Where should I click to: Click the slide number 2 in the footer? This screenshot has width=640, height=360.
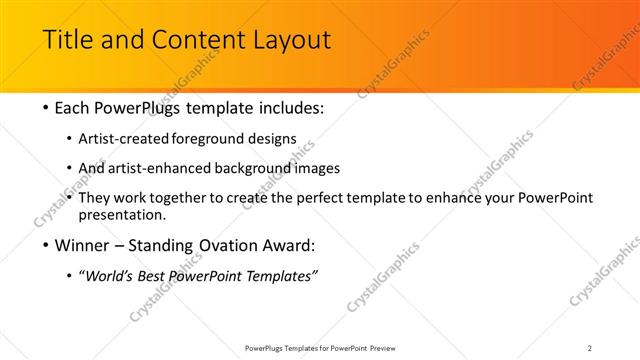(x=589, y=347)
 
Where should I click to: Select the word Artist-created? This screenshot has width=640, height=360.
(x=134, y=138)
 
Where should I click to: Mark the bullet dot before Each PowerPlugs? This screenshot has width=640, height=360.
(x=47, y=108)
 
